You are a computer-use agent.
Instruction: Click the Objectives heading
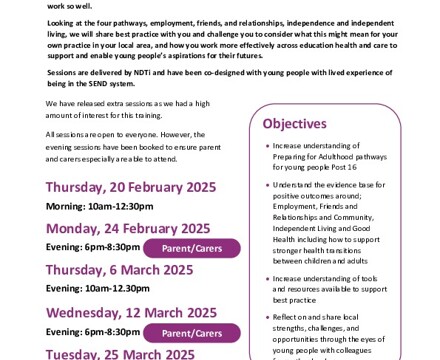click(x=294, y=124)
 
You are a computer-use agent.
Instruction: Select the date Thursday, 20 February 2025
click(x=130, y=187)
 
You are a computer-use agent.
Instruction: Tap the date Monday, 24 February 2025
click(x=128, y=229)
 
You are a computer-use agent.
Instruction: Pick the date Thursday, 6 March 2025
click(x=119, y=269)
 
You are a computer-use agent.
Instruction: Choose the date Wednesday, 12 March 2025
click(x=131, y=313)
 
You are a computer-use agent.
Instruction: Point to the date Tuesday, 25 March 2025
click(x=120, y=353)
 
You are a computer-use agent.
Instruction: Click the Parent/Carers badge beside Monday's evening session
click(x=191, y=248)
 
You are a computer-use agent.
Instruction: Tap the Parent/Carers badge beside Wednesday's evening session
click(x=191, y=333)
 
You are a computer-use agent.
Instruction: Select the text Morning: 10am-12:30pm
click(x=99, y=206)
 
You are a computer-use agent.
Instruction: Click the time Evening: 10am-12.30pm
click(x=97, y=288)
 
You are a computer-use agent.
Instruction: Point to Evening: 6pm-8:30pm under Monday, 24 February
click(x=93, y=247)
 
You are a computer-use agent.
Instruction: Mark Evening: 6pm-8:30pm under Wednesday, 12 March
click(x=93, y=332)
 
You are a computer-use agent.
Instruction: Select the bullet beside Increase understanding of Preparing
click(x=267, y=145)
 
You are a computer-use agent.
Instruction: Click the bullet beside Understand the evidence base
click(x=267, y=185)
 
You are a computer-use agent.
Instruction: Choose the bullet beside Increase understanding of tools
click(x=267, y=278)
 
